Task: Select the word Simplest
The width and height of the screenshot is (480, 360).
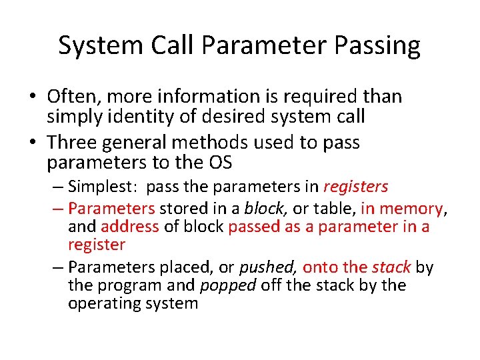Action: click(x=105, y=187)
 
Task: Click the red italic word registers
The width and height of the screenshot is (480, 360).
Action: click(x=356, y=187)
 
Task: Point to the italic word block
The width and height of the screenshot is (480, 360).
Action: click(x=264, y=209)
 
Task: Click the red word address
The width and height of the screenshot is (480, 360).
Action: click(x=130, y=227)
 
